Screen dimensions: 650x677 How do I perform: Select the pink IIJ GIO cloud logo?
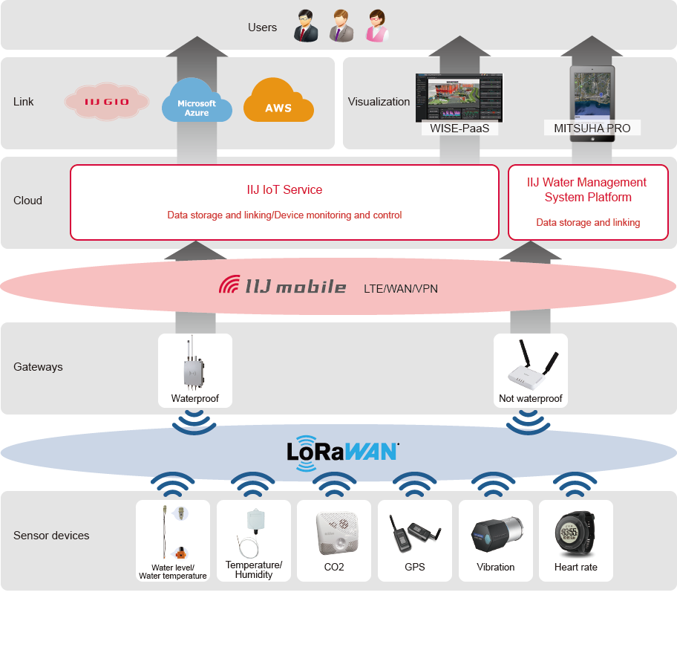pos(107,102)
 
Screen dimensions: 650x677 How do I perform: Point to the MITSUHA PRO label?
pos(592,129)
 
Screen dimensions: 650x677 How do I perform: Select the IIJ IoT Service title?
pos(284,190)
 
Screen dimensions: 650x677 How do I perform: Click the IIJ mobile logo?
pos(283,286)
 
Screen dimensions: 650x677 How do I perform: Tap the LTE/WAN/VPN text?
pos(400,288)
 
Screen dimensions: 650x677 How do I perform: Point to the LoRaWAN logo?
pos(342,451)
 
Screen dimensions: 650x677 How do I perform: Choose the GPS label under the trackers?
pos(415,568)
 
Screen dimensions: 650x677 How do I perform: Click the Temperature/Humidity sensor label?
pos(254,570)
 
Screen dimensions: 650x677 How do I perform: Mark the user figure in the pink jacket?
pos(377,27)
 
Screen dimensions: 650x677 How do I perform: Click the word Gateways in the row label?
pos(38,367)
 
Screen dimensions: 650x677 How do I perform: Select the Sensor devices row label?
pos(51,536)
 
